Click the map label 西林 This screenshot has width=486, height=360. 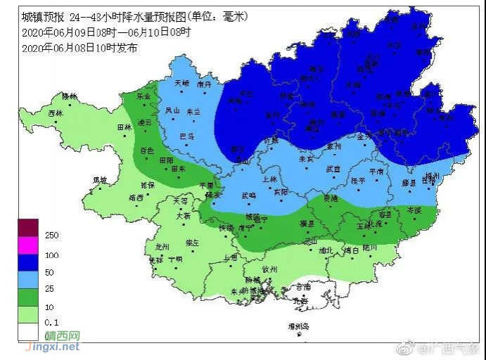[x=56, y=113]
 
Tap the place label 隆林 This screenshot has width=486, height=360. [x=69, y=96]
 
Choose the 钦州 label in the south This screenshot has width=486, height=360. [x=271, y=269]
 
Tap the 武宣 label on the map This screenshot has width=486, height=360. [x=333, y=169]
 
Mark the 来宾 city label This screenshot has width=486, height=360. [x=306, y=159]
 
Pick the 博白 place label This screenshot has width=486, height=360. [x=352, y=250]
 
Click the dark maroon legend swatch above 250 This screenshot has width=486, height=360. [x=28, y=227]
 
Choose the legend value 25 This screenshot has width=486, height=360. [x=49, y=288]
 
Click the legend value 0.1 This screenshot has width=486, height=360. [x=51, y=323]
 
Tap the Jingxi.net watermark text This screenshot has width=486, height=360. [x=53, y=347]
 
